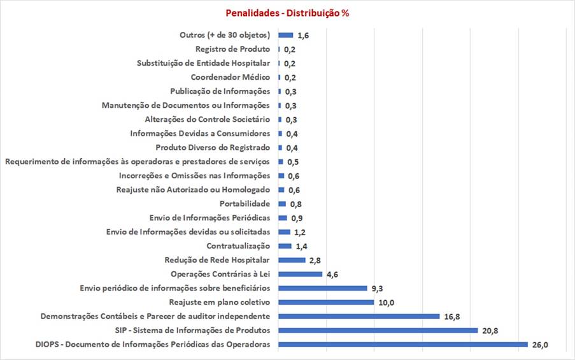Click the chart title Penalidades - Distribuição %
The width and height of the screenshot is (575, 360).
287,13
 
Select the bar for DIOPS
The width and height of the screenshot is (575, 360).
403,344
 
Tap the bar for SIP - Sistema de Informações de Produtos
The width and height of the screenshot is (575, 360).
378,330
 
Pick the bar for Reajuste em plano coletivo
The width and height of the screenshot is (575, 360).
326,302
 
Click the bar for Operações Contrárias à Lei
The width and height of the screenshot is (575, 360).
301,274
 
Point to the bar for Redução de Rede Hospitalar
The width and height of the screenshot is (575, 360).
292,260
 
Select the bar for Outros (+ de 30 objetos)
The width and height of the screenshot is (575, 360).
286,35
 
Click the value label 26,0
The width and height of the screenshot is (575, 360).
540,345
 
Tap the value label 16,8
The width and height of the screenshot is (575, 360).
452,316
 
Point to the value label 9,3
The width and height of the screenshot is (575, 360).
377,289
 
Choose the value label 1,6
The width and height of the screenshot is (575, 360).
303,35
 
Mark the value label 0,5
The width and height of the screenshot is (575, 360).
293,162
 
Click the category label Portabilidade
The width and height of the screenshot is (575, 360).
245,204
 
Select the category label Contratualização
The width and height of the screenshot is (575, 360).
238,246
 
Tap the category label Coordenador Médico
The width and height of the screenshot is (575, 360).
231,77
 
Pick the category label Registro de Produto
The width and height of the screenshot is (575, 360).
232,49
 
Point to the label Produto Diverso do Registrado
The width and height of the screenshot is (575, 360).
213,148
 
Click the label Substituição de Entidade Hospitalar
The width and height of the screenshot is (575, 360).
204,63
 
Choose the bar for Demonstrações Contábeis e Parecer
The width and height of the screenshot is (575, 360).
359,316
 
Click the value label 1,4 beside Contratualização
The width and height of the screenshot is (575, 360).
301,246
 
